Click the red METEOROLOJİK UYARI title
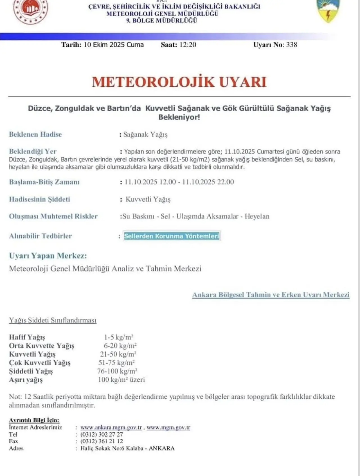coord(179,82)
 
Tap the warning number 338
coord(292,45)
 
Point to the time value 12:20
coord(187,45)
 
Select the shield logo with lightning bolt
coord(328,11)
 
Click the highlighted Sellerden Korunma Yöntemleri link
coord(172,236)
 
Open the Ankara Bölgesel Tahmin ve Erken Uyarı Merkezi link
coord(271,295)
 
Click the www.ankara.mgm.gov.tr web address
coord(111,427)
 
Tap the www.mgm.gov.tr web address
coord(168,427)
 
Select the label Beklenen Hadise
coord(35,134)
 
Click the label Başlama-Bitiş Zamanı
coord(44,182)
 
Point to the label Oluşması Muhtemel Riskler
coord(53,216)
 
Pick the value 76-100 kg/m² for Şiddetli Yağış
coord(117,371)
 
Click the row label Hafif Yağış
coord(27,337)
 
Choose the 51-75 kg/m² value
coord(116,363)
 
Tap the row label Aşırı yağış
coord(26,380)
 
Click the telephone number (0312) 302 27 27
coord(102,434)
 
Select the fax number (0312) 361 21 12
coord(102,441)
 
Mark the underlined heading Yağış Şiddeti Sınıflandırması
coord(53,320)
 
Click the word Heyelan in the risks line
coord(257,216)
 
